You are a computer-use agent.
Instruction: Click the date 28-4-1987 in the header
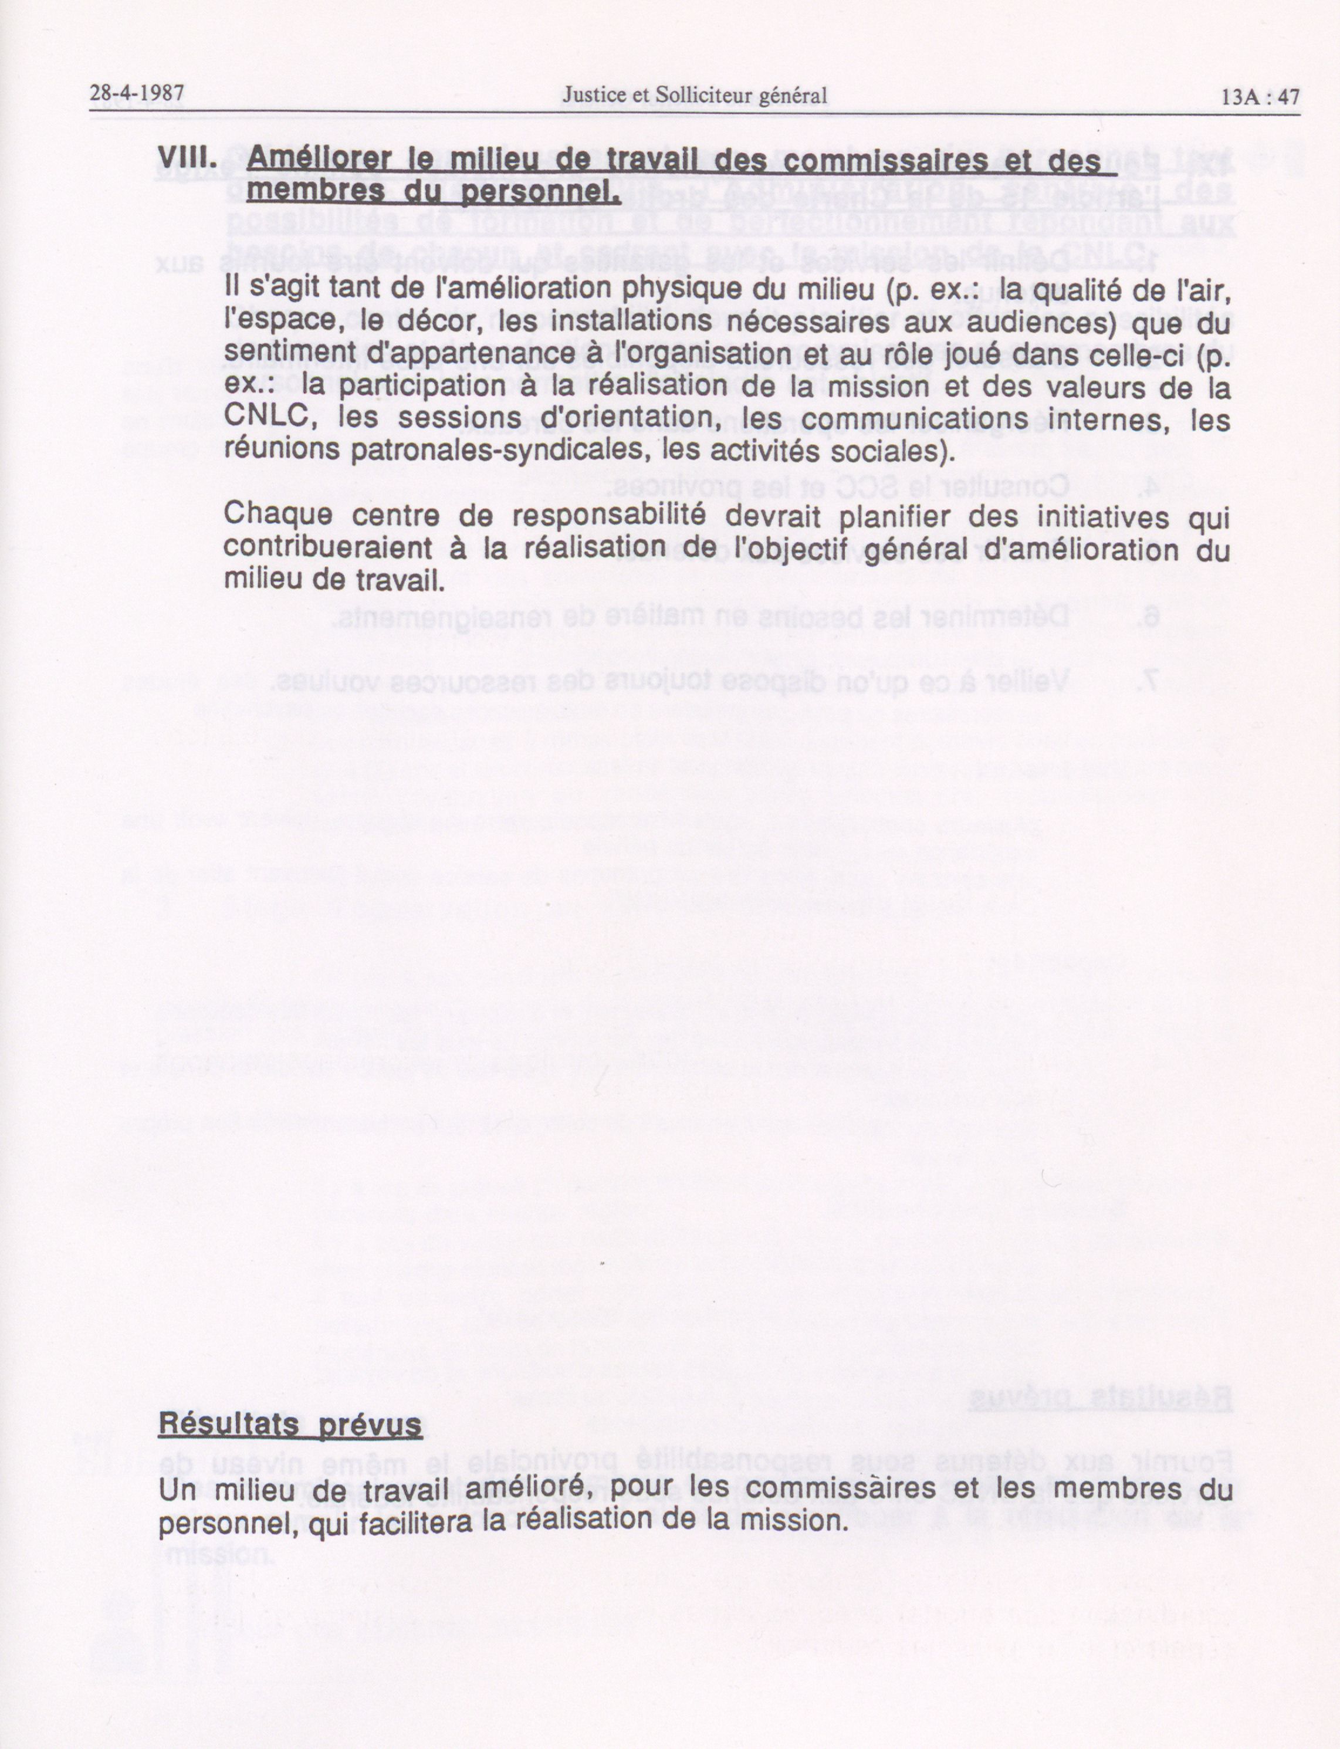[x=137, y=95]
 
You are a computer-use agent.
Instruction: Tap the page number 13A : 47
[x=1260, y=96]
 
